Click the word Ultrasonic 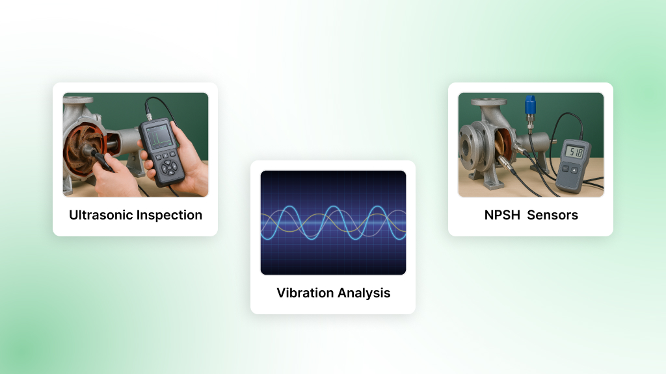pyautogui.click(x=101, y=215)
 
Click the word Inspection pyautogui.click(x=169, y=216)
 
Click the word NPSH pyautogui.click(x=502, y=215)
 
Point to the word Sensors pyautogui.click(x=552, y=215)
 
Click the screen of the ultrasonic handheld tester pyautogui.click(x=160, y=136)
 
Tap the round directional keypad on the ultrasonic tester pyautogui.click(x=170, y=167)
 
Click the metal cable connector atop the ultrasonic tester pyautogui.click(x=149, y=116)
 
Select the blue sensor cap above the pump pyautogui.click(x=530, y=105)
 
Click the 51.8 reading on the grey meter pyautogui.click(x=576, y=151)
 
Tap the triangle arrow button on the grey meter pyautogui.click(x=574, y=170)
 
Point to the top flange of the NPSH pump pyautogui.click(x=488, y=102)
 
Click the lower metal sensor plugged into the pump pyautogui.click(x=505, y=163)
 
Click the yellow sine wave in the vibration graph pyautogui.click(x=333, y=223)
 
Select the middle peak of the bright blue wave pyautogui.click(x=334, y=207)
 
